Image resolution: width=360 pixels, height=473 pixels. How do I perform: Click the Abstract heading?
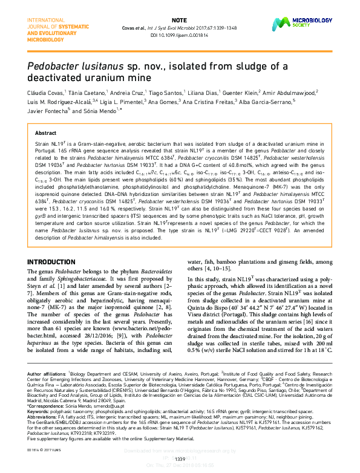point(45,132)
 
